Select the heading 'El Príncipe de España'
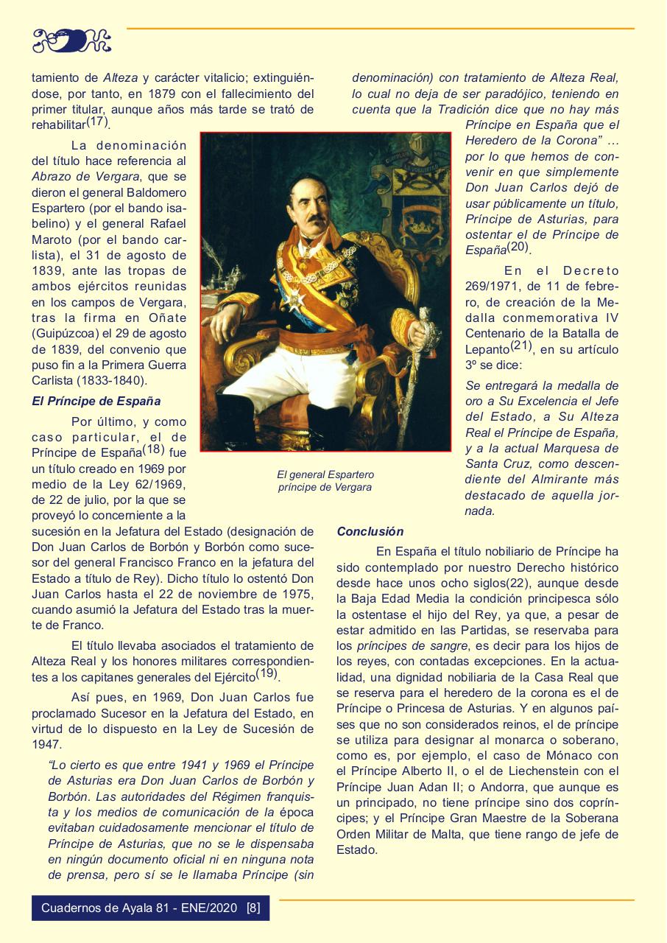pos(96,402)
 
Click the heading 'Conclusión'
pos(370,531)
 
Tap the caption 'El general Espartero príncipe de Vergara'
pos(325,481)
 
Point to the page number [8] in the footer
pos(253,907)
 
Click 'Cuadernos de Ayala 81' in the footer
pos(98,907)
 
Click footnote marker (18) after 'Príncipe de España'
pos(153,449)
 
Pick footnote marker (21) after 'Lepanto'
pos(521,346)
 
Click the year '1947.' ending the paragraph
pos(46,744)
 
